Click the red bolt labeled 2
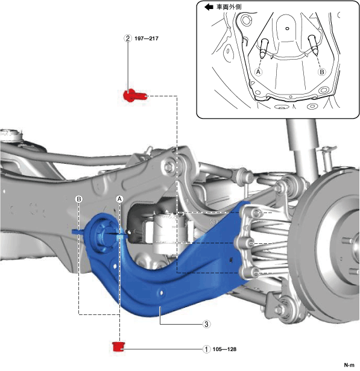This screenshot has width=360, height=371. (x=135, y=96)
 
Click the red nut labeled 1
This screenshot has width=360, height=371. (x=118, y=346)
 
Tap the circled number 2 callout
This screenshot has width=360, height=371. (x=128, y=39)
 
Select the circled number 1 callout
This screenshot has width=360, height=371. (x=206, y=349)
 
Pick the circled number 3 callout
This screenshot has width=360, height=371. (x=206, y=324)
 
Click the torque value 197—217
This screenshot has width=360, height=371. (x=147, y=39)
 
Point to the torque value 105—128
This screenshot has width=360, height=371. (x=224, y=349)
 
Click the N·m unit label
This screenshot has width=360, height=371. (x=349, y=366)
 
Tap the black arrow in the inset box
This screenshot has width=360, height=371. (x=209, y=7)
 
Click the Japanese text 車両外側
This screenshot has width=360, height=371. (x=229, y=7)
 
